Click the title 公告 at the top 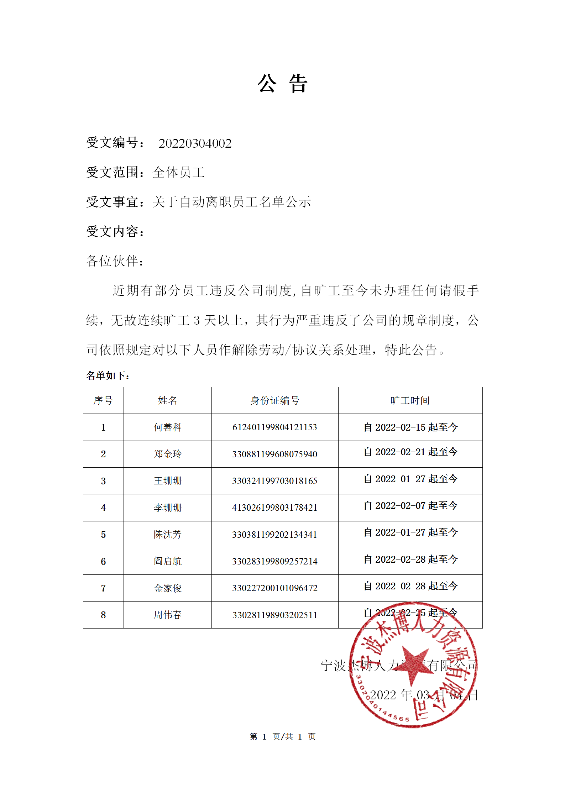(282, 84)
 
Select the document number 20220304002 (195, 143)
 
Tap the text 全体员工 (178, 173)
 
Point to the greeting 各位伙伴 (115, 261)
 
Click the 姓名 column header (167, 400)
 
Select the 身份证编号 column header (274, 400)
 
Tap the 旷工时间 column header (410, 400)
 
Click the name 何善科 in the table (167, 427)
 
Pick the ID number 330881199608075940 (274, 454)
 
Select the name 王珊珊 (167, 481)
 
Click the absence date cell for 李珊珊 (410, 506)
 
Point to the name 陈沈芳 (167, 535)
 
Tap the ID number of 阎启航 (274, 561)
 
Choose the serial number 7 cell (103, 588)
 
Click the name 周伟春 (167, 615)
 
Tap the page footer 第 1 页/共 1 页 (282, 737)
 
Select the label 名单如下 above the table (108, 375)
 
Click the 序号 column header (103, 400)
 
